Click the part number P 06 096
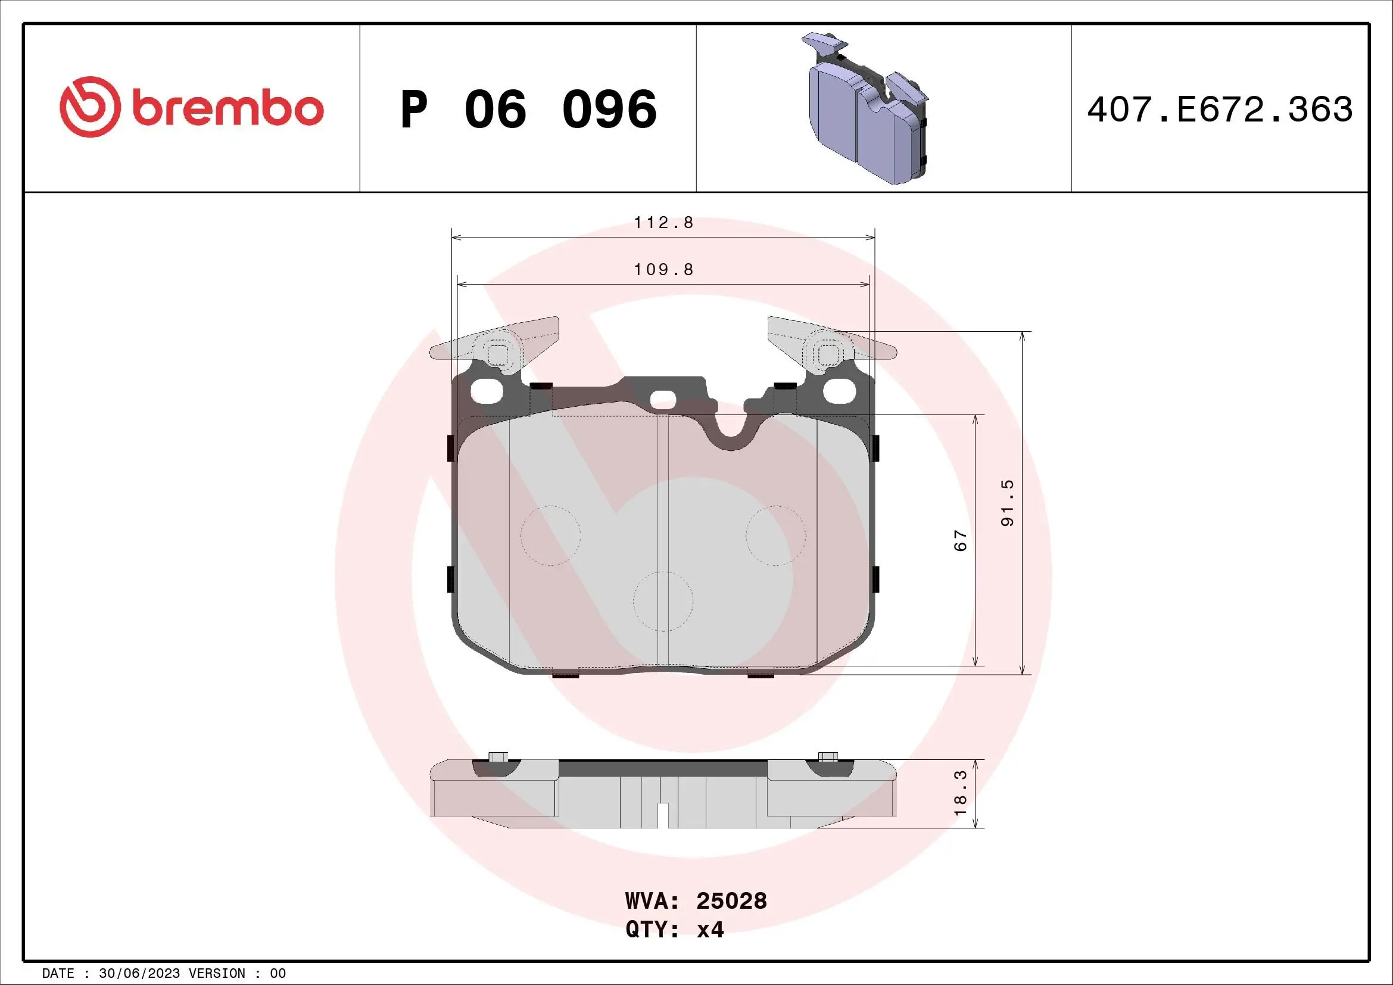point(528,110)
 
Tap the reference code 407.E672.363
point(1220,110)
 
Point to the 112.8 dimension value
point(663,223)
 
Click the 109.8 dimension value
point(663,269)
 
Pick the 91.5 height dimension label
point(1007,503)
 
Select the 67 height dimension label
point(961,540)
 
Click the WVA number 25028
point(731,901)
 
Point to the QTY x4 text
point(675,929)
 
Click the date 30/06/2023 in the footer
point(139,974)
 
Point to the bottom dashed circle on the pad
point(663,601)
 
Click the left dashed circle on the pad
point(550,535)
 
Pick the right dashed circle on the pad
point(775,535)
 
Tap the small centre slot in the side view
point(663,815)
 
